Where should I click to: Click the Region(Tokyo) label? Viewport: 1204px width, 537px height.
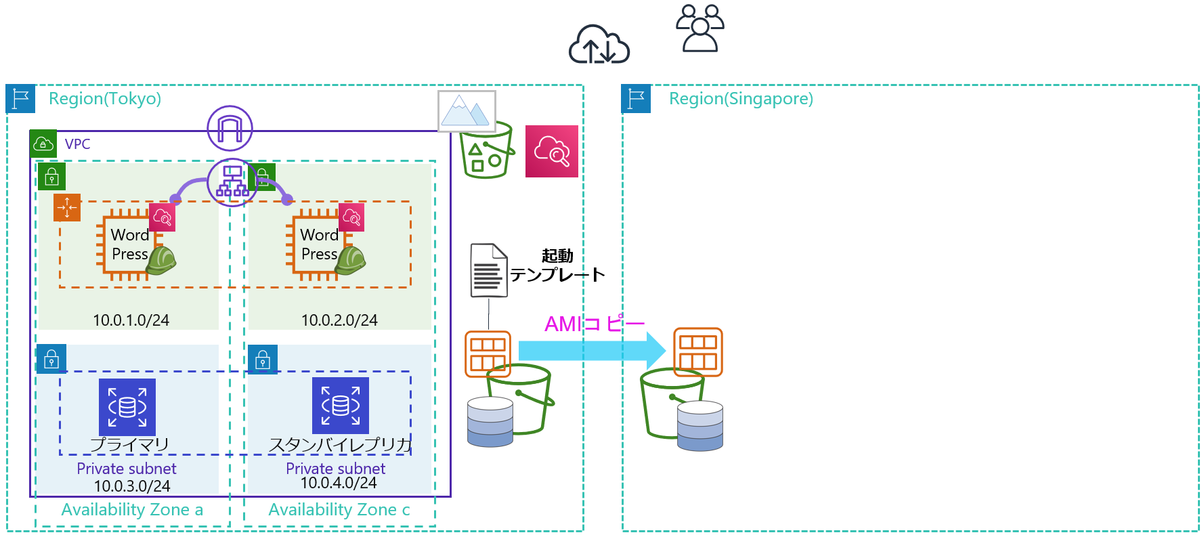105,99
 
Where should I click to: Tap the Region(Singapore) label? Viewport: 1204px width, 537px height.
741,99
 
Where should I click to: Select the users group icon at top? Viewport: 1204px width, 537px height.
700,28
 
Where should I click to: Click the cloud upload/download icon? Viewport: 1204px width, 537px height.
599,45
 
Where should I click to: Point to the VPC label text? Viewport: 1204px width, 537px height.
77,144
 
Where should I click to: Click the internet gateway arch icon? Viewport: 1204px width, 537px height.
230,128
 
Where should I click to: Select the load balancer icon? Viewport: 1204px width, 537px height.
232,181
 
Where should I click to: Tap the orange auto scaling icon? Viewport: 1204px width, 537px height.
67,207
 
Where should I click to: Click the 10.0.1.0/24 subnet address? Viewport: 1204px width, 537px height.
131,320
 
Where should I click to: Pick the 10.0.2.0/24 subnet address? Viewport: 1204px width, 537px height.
339,320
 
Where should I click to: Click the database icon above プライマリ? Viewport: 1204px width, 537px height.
127,406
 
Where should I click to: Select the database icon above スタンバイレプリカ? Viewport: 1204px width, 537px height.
341,406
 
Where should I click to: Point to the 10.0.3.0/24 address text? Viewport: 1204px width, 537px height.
132,486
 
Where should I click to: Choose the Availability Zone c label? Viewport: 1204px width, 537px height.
339,510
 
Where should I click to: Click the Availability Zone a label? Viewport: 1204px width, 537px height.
132,510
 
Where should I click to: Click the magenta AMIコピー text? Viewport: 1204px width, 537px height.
595,324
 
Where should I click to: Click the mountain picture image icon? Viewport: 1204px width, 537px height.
467,111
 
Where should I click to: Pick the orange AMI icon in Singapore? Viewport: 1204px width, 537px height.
698,351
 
